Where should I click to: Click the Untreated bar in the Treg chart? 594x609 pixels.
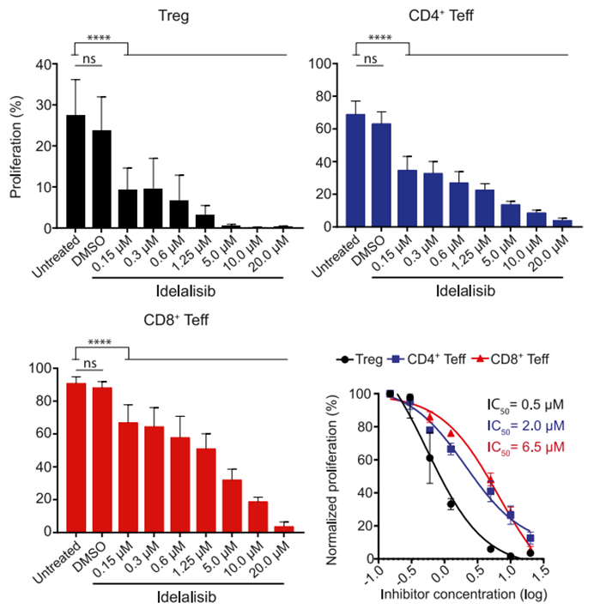[x=76, y=172]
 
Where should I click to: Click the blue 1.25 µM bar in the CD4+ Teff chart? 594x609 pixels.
[x=485, y=208]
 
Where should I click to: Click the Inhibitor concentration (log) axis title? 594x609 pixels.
[x=467, y=593]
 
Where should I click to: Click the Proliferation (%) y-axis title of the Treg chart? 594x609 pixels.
[x=16, y=146]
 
